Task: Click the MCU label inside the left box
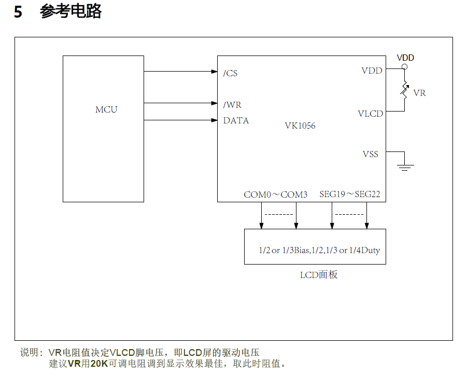point(106,109)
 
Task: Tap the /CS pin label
point(230,73)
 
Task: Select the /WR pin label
point(232,105)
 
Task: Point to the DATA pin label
point(236,120)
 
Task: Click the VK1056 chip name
point(300,126)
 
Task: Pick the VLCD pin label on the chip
point(370,114)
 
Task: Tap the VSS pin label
point(371,154)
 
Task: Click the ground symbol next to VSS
point(405,167)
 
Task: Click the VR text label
point(420,93)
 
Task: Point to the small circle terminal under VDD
point(405,67)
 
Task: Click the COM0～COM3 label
point(275,195)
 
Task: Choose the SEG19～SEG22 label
point(350,195)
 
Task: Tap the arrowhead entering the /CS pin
point(214,72)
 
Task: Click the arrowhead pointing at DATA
point(214,120)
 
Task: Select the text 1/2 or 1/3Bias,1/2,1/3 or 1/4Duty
point(319,250)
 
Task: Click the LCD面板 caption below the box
point(319,275)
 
